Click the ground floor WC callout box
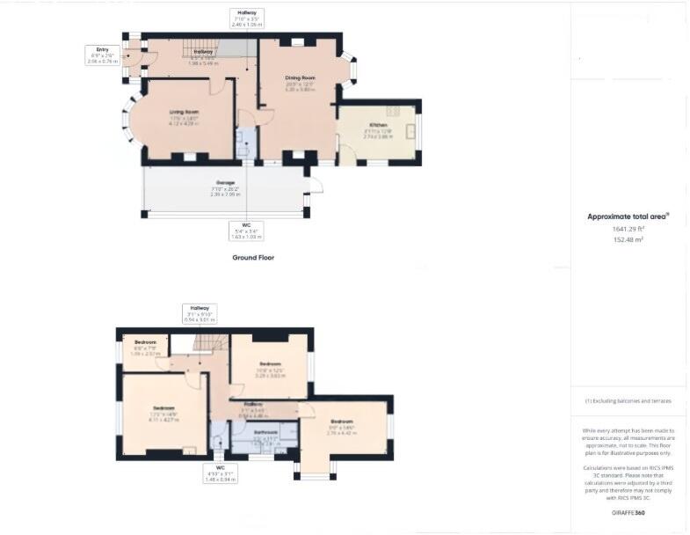coord(246,231)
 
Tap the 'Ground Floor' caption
coord(253,258)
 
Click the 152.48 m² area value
coord(628,238)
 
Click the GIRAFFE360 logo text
coord(628,511)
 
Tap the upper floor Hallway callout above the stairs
coord(200,314)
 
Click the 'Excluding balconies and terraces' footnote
coord(628,400)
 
